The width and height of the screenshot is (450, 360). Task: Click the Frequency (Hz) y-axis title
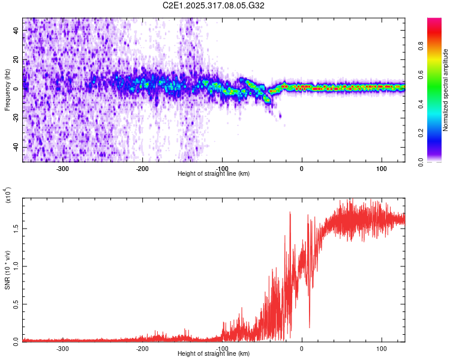7,90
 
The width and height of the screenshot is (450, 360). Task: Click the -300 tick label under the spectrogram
62,168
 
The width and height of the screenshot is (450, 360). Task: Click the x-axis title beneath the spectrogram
214,174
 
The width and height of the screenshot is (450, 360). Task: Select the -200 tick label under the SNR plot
142,348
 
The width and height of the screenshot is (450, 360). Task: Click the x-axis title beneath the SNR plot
214,354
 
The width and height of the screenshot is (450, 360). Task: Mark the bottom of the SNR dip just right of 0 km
310,328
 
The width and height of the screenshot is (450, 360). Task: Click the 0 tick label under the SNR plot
302,348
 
